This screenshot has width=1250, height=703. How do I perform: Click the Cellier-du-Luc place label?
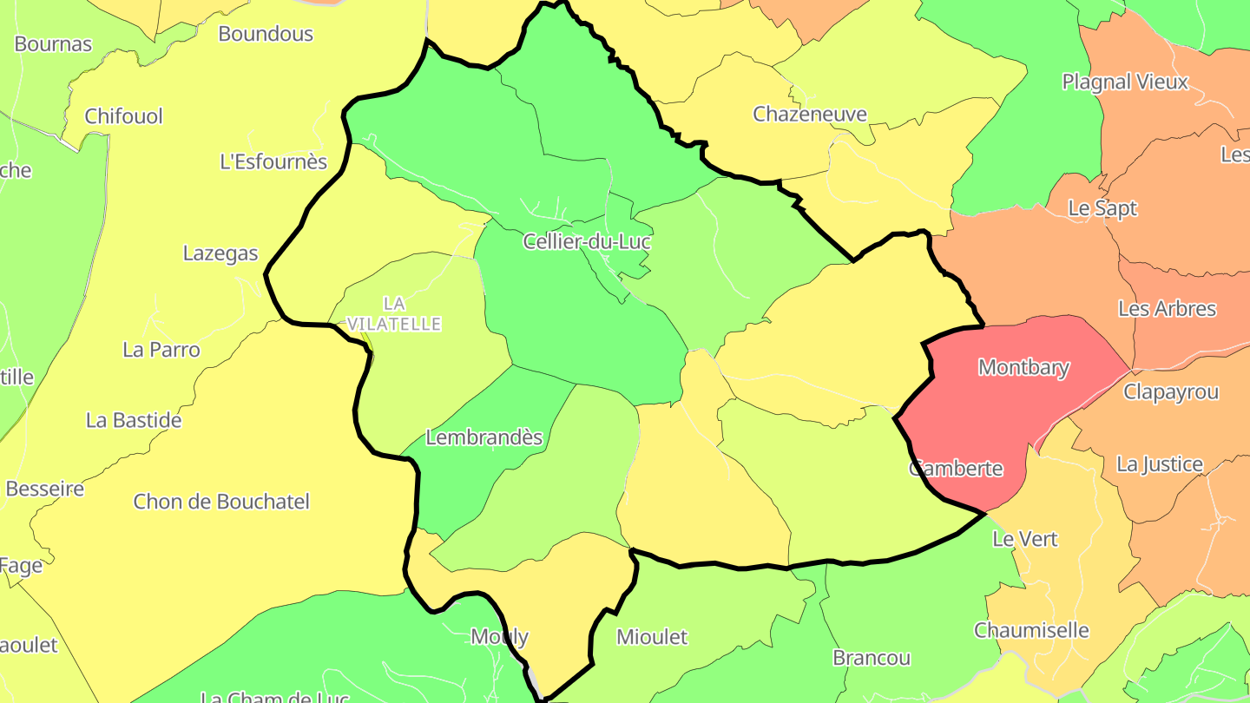click(x=587, y=241)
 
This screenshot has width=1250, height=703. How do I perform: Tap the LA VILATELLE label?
click(x=394, y=313)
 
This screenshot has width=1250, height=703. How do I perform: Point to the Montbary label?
click(x=1023, y=367)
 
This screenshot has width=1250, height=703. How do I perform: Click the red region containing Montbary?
click(x=998, y=417)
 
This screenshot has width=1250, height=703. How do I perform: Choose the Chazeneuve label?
click(x=810, y=114)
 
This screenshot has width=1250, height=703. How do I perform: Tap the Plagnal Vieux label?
click(x=1125, y=82)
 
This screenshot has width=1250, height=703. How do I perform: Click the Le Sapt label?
click(x=1102, y=208)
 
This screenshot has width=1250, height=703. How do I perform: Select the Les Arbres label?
click(x=1167, y=309)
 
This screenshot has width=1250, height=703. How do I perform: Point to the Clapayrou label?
click(x=1171, y=391)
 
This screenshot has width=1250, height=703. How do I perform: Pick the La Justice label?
click(x=1160, y=464)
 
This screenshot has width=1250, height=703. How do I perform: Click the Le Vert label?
click(x=1025, y=539)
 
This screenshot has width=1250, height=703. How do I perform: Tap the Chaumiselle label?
click(x=1031, y=630)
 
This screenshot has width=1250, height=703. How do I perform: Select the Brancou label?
click(x=872, y=658)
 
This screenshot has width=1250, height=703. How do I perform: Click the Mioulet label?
click(x=651, y=637)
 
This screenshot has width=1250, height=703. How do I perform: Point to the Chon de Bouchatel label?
click(x=221, y=502)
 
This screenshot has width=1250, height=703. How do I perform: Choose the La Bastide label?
click(x=134, y=421)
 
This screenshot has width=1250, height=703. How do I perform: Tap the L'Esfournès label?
click(x=273, y=161)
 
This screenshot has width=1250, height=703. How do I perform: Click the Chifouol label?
click(x=123, y=116)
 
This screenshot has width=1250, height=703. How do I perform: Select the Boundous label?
click(x=266, y=34)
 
